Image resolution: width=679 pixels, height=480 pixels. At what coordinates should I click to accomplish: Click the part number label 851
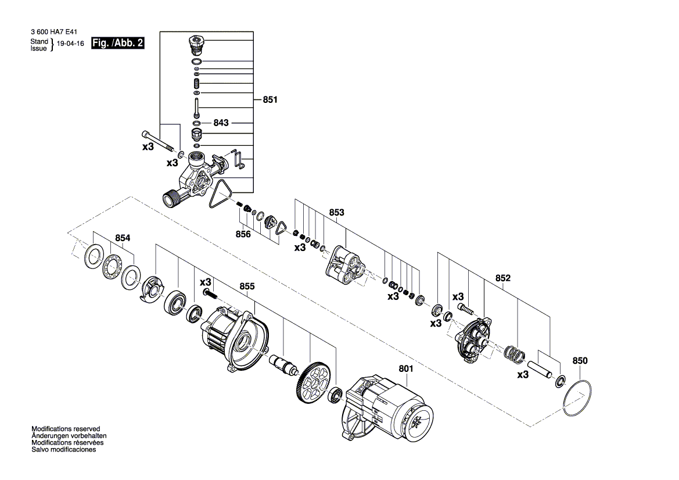click(270, 99)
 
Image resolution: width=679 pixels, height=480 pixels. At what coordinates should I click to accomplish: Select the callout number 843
click(221, 123)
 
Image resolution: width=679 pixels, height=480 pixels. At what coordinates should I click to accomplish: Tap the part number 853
click(336, 212)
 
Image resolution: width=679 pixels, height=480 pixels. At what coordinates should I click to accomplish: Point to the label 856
click(243, 234)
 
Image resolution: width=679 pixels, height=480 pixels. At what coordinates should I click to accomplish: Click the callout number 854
click(123, 238)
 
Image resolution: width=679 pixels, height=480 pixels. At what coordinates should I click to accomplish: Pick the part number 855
click(247, 286)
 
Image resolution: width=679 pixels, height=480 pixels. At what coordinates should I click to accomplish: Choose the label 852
click(503, 278)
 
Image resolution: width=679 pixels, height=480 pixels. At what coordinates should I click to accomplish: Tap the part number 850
click(580, 361)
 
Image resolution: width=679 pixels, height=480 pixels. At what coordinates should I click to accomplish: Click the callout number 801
click(406, 368)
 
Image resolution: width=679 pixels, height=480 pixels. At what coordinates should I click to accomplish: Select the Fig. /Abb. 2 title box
click(118, 43)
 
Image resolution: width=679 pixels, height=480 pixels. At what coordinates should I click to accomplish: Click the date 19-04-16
click(71, 44)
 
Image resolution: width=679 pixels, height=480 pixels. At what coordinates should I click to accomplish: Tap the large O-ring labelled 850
click(577, 399)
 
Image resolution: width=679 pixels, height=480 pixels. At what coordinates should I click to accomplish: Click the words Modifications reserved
click(66, 429)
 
